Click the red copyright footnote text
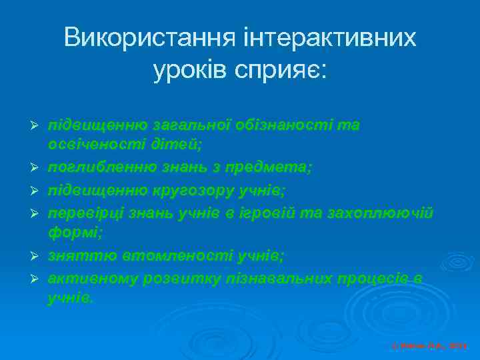(x=429, y=346)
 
